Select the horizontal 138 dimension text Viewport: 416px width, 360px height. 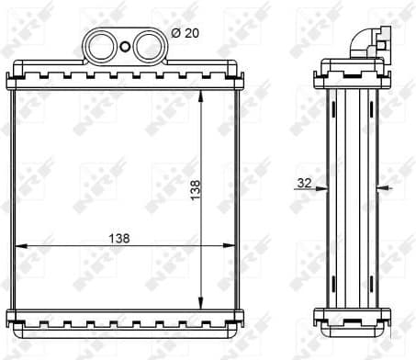point(118,237)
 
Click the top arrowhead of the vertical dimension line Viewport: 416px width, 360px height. point(201,95)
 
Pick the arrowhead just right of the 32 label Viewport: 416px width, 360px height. point(323,189)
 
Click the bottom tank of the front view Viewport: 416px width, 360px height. point(126,319)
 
